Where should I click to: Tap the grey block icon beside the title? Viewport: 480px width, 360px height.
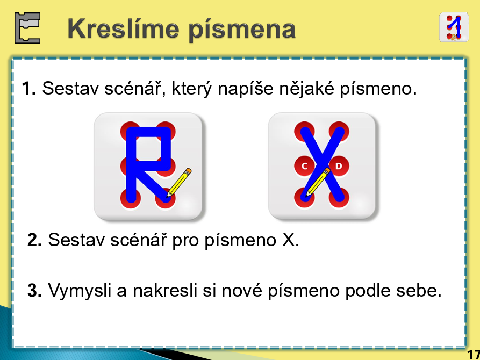pos(27,28)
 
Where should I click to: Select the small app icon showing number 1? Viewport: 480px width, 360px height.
pos(454,27)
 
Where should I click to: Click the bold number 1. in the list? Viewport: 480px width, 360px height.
pos(29,89)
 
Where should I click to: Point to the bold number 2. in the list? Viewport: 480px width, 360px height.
pos(34,240)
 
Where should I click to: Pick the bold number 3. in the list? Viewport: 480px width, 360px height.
pos(34,290)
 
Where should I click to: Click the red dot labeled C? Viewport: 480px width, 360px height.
pos(305,166)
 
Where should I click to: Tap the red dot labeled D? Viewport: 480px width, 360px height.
pos(339,166)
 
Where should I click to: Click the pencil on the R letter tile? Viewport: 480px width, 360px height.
pos(180,182)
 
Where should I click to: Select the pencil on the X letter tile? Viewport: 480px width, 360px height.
pos(318,182)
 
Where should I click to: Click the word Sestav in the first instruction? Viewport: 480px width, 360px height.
pos(71,89)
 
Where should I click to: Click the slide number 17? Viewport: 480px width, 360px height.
pos(474,354)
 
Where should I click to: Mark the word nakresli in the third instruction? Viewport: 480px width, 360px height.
pos(165,290)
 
